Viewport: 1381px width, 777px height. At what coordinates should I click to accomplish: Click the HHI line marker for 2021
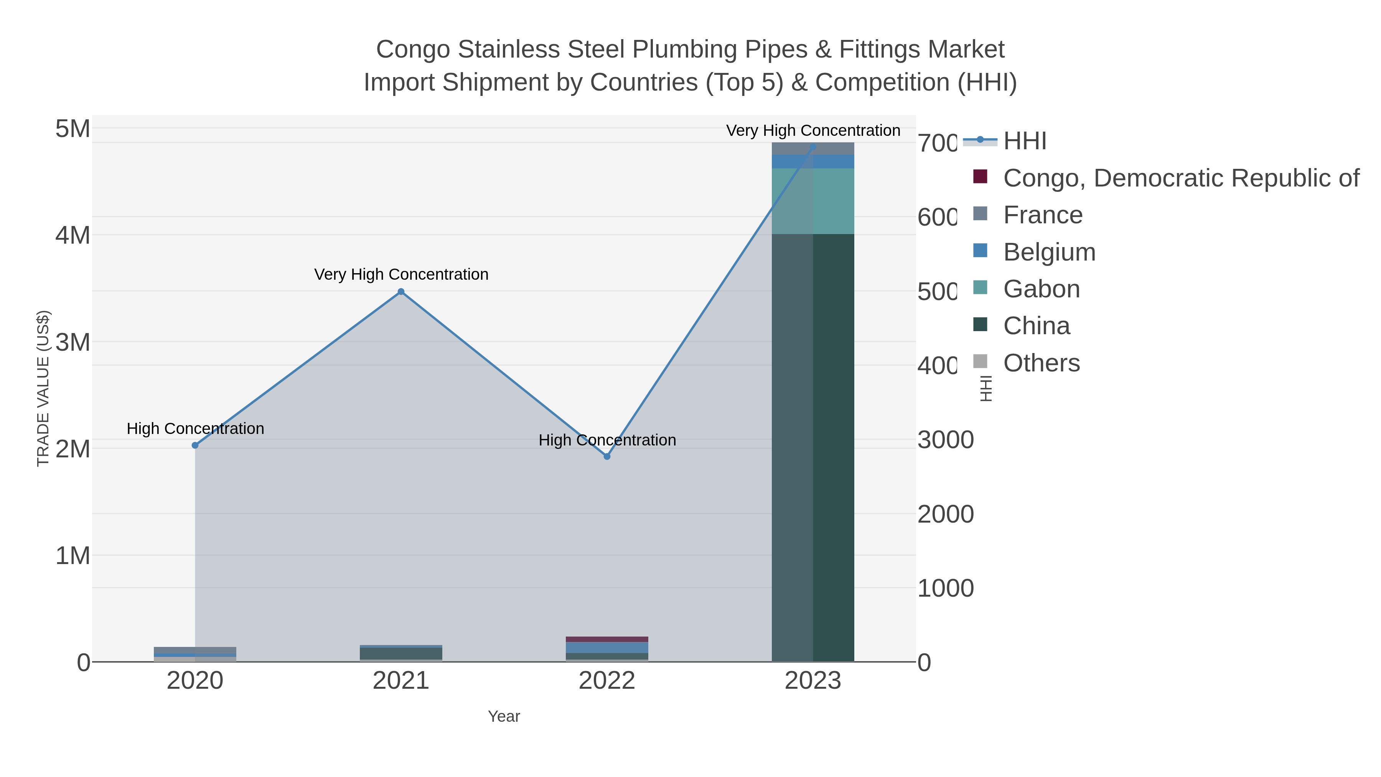(x=401, y=292)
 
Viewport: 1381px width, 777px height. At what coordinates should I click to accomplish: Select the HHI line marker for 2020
(x=195, y=445)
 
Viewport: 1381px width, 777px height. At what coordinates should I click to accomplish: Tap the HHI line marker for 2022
(x=607, y=456)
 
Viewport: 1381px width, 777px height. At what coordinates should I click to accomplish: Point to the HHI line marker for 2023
(x=813, y=147)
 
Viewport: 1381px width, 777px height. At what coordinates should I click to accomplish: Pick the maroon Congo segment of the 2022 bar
(x=607, y=639)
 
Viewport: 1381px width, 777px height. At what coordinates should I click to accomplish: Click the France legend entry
(x=1042, y=215)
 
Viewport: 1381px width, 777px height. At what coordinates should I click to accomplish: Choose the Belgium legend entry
(x=1049, y=252)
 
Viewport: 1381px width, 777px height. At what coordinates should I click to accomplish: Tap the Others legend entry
(x=1041, y=363)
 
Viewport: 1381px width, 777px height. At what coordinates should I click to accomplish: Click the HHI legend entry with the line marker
(x=1024, y=141)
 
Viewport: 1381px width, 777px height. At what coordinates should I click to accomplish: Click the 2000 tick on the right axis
(x=946, y=514)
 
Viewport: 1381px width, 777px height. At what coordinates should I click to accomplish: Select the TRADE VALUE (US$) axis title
(x=43, y=388)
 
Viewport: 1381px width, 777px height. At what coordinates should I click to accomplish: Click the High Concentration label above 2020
(x=195, y=429)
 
